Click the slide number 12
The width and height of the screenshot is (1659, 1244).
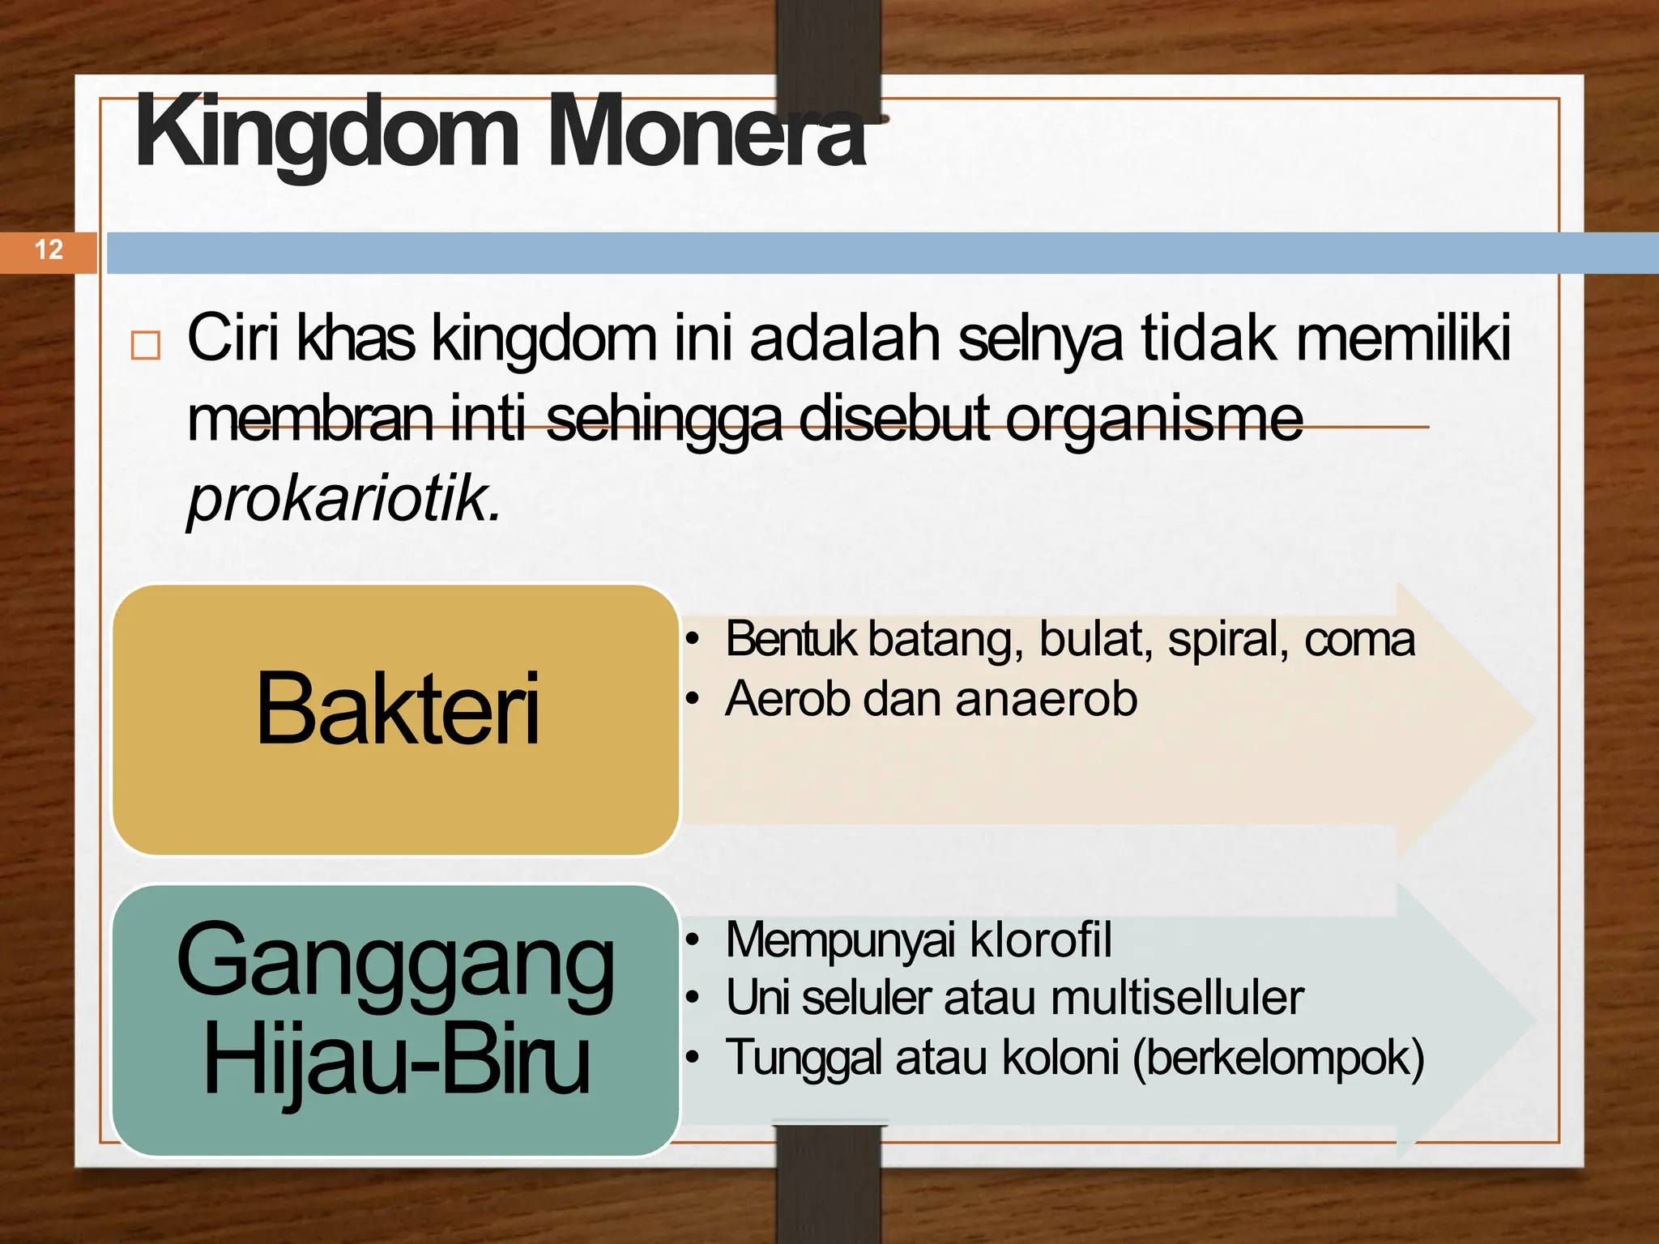coord(49,249)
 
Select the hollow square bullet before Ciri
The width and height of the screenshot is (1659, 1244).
coord(146,345)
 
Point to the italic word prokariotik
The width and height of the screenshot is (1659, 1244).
coord(343,499)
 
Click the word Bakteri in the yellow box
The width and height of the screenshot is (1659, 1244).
coord(397,709)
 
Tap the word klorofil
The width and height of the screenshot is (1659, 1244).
coord(1040,939)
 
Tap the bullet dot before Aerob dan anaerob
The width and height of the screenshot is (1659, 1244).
coord(692,699)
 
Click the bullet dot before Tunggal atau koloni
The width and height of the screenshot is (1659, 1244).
coord(692,1058)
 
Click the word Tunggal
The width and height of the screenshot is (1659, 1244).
coord(803,1058)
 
